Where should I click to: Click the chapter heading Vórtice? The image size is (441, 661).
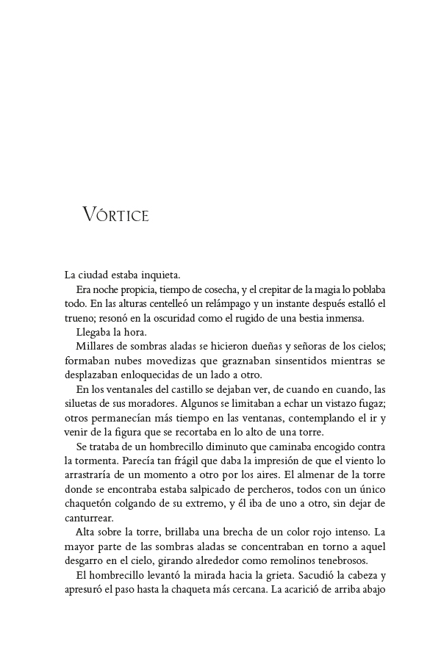pos(116,215)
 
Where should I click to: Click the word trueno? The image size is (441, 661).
pos(79,317)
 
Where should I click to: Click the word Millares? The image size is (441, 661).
pos(96,345)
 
